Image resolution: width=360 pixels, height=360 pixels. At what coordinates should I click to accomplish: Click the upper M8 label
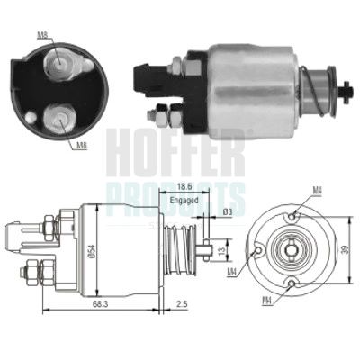43,35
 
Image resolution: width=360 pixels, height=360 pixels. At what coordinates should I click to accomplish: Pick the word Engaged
184,202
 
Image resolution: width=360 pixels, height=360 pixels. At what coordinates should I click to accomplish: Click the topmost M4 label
317,191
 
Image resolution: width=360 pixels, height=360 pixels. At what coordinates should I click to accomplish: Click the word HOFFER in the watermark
175,153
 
